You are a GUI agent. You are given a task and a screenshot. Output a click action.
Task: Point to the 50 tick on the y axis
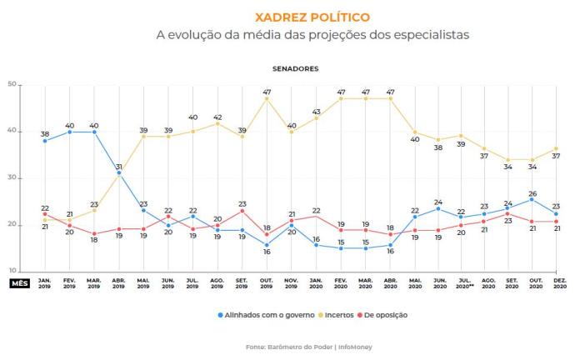[x=12, y=84]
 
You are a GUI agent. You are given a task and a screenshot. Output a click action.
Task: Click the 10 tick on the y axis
[x=12, y=272]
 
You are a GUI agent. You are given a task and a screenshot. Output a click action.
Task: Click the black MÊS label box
[x=19, y=283]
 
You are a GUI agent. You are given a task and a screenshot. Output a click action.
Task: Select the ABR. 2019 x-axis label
[x=118, y=284]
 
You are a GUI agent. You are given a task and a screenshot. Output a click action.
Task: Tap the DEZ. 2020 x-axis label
[x=559, y=284]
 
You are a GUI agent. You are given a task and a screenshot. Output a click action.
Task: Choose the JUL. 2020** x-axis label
[x=461, y=284]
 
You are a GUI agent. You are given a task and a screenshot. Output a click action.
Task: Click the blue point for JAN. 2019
[x=44, y=141]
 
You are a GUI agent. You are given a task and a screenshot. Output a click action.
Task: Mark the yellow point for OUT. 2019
[x=267, y=98]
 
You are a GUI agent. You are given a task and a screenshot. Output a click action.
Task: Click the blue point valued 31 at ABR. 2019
[x=118, y=173]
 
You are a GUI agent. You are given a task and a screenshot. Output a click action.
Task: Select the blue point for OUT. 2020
[x=532, y=199]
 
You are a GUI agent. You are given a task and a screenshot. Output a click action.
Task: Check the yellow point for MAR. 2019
[x=94, y=210]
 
